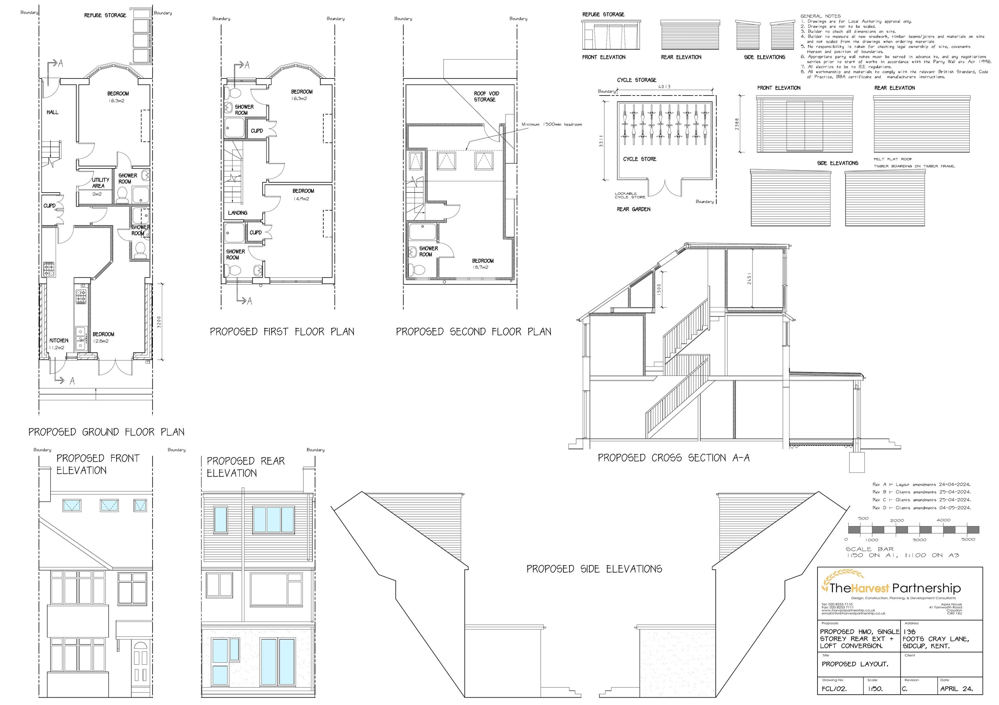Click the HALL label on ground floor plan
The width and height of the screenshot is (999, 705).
[52, 112]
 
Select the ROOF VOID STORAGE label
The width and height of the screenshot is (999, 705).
[486, 96]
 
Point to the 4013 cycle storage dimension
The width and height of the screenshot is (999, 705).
[664, 87]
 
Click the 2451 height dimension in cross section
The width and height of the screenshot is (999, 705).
[749, 278]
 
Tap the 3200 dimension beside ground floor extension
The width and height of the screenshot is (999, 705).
[159, 322]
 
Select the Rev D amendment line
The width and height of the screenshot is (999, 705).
[921, 508]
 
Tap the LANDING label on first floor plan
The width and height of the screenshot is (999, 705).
[237, 213]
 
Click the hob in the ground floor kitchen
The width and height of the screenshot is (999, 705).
[49, 269]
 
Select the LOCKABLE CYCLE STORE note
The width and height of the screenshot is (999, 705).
[630, 196]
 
